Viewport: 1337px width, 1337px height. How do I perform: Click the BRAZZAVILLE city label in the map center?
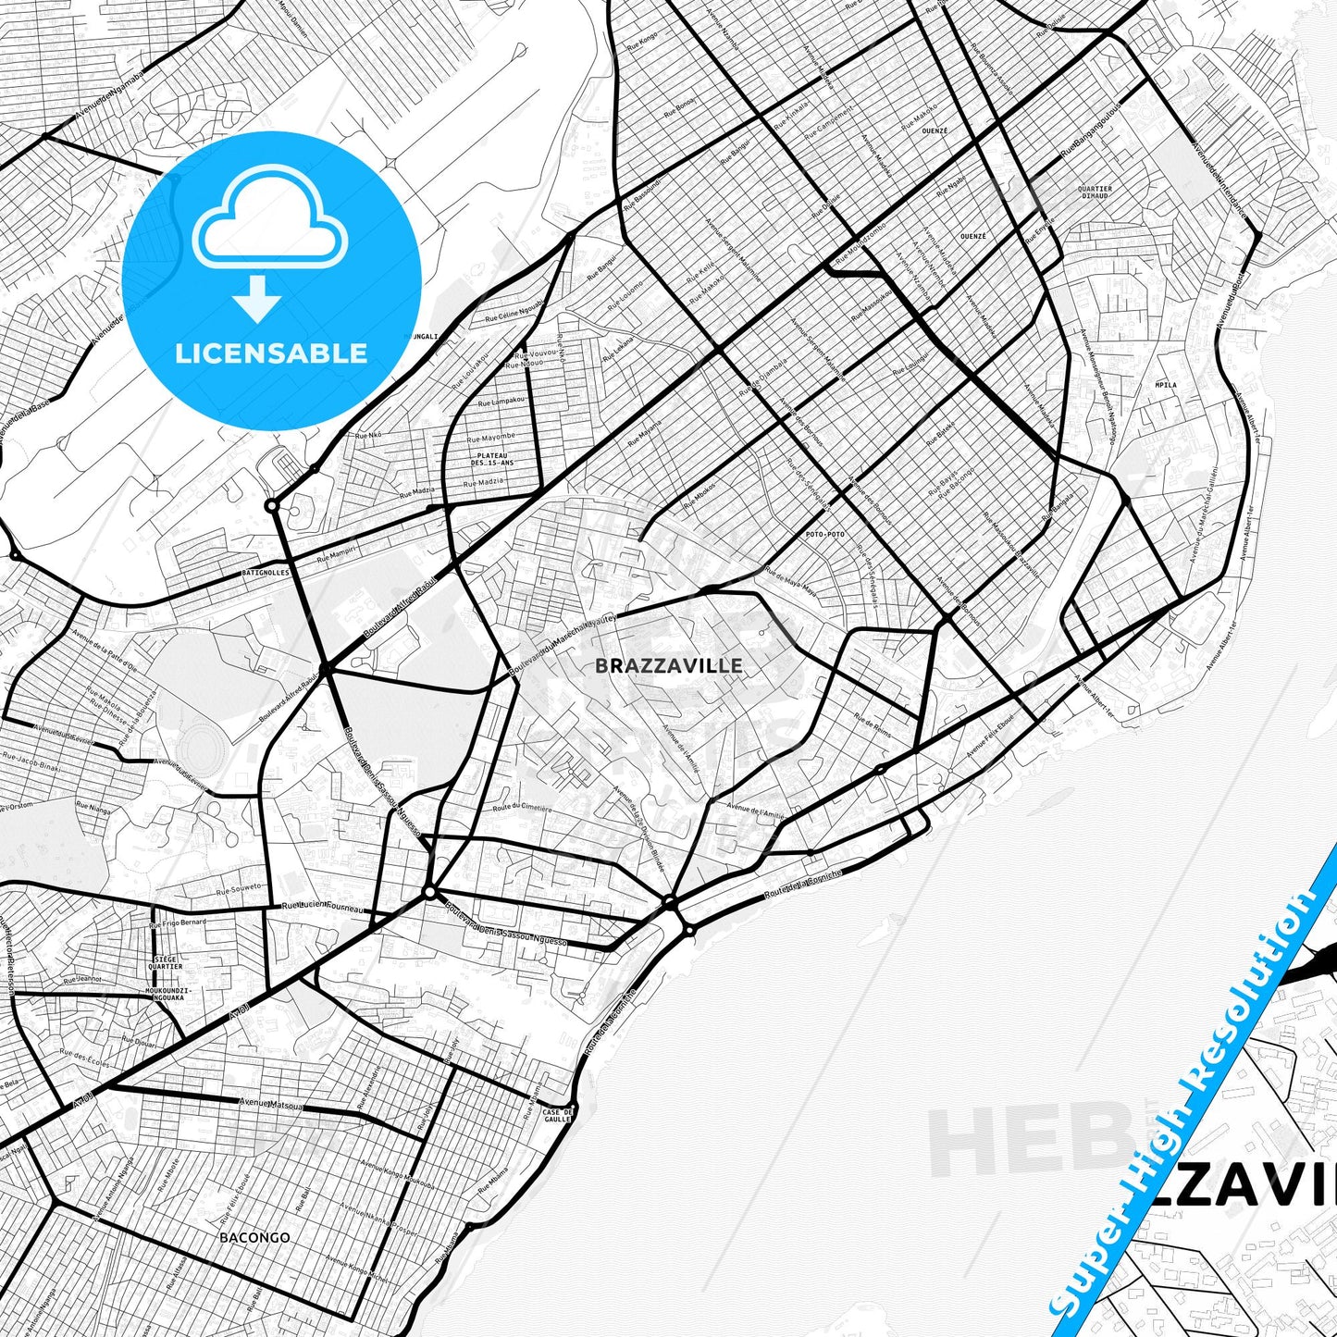click(x=668, y=666)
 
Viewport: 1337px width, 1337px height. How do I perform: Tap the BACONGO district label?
click(x=254, y=1237)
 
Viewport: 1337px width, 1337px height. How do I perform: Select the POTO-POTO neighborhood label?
click(x=824, y=535)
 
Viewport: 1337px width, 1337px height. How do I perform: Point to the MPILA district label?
click(x=1166, y=384)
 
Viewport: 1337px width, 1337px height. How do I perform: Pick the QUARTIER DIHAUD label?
click(x=1095, y=192)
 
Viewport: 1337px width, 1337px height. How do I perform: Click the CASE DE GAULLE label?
click(x=557, y=1115)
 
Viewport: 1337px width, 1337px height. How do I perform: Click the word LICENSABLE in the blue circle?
click(x=271, y=353)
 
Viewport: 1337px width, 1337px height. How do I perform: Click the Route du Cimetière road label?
click(x=522, y=808)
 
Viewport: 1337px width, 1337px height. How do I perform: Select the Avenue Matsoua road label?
click(x=272, y=1103)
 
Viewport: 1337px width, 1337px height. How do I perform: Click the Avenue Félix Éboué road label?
click(x=990, y=735)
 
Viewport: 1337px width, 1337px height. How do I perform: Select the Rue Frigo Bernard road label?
click(x=178, y=922)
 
